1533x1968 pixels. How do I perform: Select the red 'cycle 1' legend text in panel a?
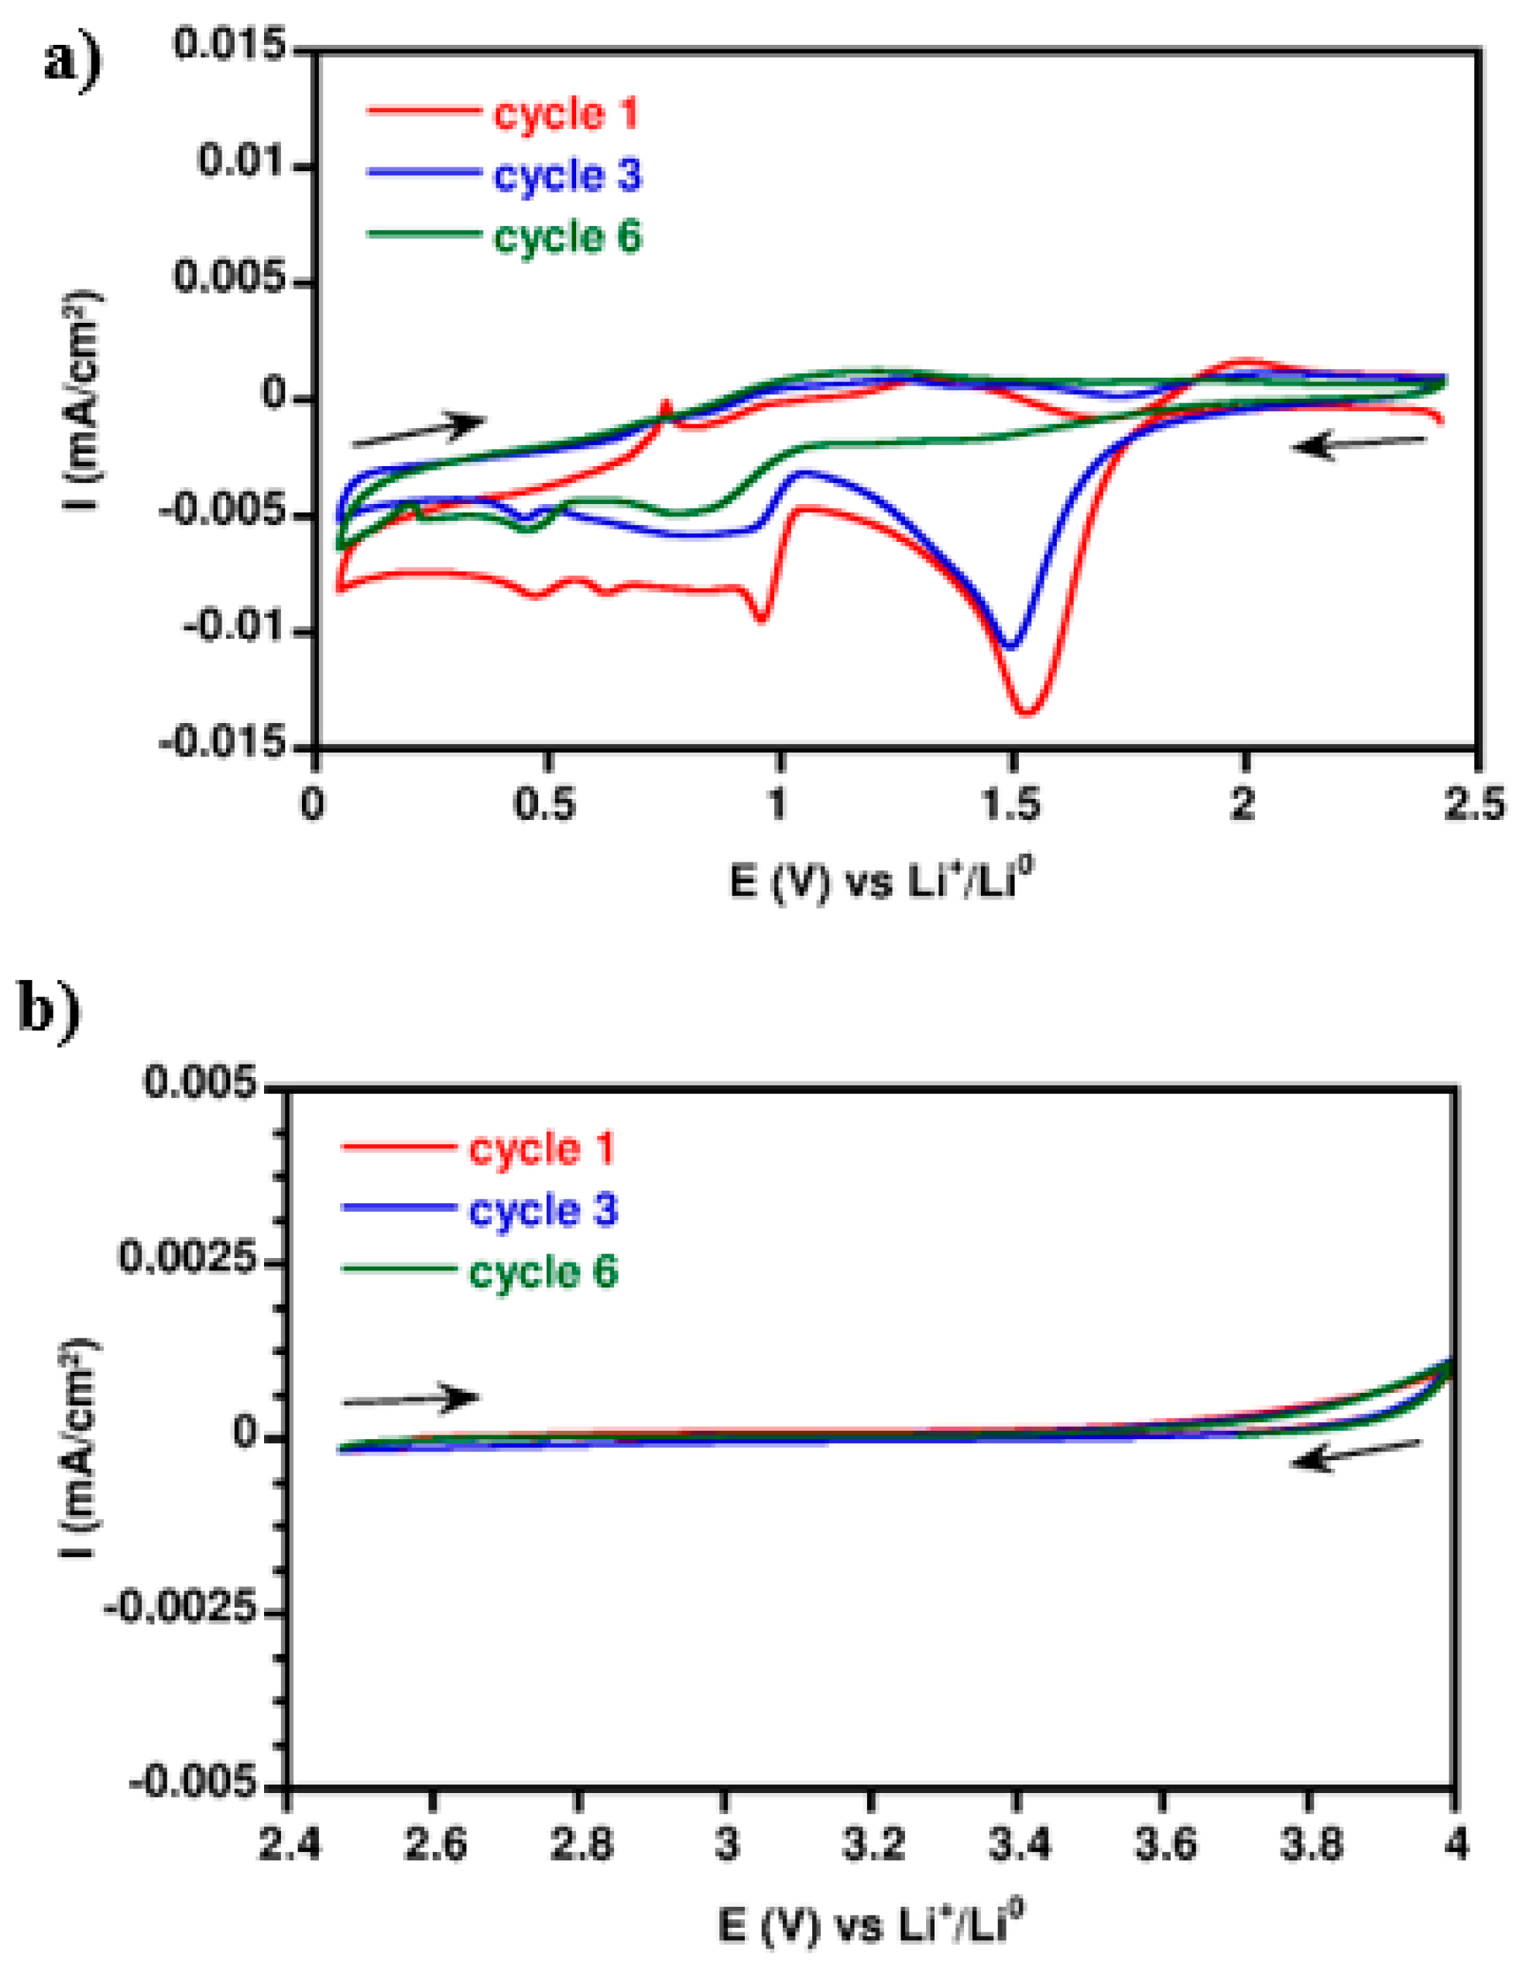(567, 115)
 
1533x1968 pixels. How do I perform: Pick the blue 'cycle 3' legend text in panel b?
(543, 1210)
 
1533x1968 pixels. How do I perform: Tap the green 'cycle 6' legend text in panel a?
(567, 237)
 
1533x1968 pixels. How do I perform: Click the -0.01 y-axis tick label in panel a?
(237, 628)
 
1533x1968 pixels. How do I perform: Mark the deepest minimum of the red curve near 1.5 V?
(1028, 713)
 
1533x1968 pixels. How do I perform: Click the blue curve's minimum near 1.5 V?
(1011, 646)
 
